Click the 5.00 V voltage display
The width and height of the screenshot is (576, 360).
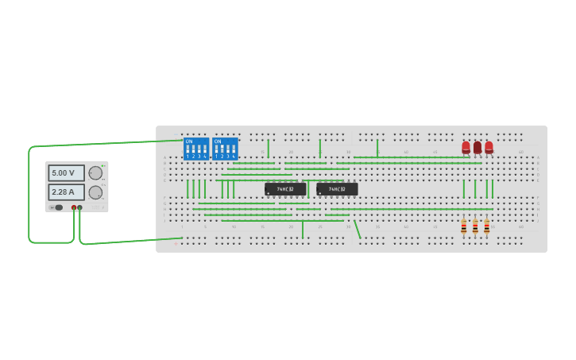pos(66,173)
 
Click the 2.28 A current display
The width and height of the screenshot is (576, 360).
pos(66,192)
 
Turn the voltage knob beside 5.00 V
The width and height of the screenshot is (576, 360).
pos(95,173)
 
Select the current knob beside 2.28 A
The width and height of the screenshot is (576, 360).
pos(95,192)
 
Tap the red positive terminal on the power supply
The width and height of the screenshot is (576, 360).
pos(74,207)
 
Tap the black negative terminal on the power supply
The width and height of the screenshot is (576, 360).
pos(79,207)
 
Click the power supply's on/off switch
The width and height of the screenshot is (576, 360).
pos(57,207)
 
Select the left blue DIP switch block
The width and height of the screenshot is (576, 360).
pos(196,149)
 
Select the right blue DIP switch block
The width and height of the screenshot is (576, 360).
pos(225,149)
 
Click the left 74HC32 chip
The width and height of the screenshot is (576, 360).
pos(285,189)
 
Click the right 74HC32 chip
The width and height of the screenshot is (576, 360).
pos(337,189)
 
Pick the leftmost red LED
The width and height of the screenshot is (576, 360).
pos(466,147)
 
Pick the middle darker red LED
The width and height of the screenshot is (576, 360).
pos(477,147)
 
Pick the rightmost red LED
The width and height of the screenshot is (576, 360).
pos(489,147)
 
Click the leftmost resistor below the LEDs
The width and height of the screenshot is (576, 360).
pos(464,227)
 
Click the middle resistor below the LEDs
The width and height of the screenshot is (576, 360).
pos(475,227)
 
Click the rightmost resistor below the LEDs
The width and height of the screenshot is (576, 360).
pos(487,227)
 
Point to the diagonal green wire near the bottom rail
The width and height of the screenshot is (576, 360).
pos(357,230)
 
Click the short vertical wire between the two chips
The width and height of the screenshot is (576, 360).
pos(308,189)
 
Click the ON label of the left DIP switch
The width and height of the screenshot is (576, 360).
pos(189,141)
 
